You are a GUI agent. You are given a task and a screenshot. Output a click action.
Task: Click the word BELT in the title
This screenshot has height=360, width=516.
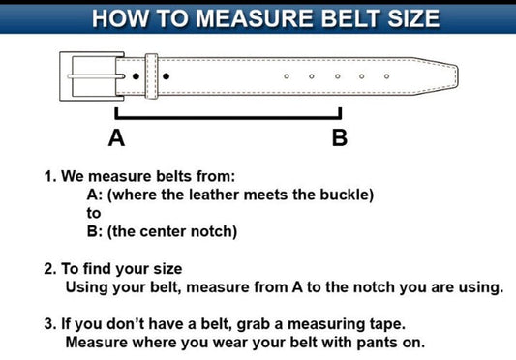(351, 18)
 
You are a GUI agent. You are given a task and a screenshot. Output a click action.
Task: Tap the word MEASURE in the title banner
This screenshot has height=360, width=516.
(255, 18)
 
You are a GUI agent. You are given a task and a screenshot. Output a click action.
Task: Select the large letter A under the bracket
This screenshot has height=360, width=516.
(116, 137)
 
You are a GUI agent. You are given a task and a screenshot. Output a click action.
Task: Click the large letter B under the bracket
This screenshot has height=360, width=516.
(340, 137)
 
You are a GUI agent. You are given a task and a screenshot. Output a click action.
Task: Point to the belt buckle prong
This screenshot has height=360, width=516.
(96, 76)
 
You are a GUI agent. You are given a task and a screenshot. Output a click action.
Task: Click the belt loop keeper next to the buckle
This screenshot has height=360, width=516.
(152, 76)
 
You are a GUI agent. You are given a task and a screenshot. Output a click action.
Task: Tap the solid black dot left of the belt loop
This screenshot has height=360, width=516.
(136, 76)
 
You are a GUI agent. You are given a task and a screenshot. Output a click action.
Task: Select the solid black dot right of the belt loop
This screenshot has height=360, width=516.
(166, 76)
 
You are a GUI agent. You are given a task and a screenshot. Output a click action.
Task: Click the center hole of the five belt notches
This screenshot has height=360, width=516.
(337, 76)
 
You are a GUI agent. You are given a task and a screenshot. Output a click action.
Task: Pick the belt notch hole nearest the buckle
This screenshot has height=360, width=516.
(287, 76)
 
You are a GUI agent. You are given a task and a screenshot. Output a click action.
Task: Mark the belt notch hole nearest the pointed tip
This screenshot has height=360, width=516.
(386, 76)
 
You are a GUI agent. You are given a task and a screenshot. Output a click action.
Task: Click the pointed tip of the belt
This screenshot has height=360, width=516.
(458, 76)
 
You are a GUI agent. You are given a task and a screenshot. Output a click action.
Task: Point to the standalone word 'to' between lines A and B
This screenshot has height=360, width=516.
(94, 213)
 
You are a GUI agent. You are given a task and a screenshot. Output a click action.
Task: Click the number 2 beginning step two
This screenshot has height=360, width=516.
(48, 268)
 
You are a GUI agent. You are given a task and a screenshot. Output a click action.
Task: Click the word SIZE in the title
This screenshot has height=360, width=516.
(413, 18)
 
